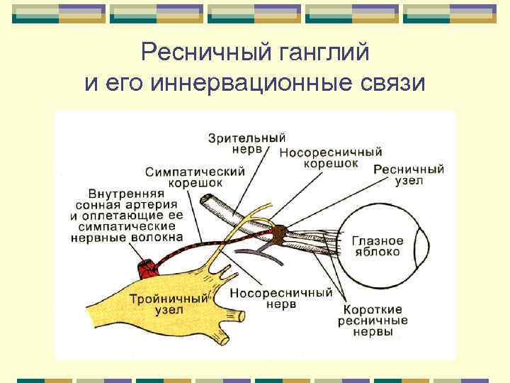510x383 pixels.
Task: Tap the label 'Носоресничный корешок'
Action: point(331,157)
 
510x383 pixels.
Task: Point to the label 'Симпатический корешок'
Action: point(195,177)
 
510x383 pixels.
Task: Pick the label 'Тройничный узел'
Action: point(162,304)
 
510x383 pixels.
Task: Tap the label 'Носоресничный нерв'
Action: point(281,298)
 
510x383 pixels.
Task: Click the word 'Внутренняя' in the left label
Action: point(127,193)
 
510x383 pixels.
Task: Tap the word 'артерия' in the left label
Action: point(153,204)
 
